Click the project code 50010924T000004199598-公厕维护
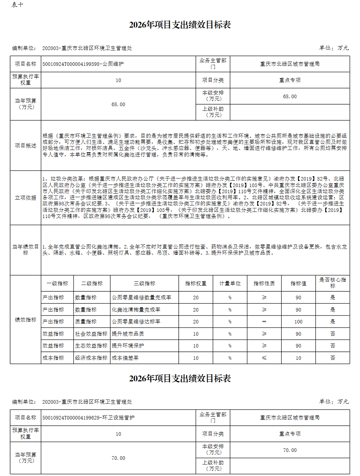tap(83, 64)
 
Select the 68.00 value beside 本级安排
tap(290, 96)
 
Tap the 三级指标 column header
tap(144, 284)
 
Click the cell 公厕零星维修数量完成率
tap(141, 298)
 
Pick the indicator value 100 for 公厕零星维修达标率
tap(298, 322)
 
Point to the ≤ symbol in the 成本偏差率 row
tap(264, 358)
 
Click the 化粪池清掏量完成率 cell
tap(136, 310)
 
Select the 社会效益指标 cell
tap(91, 334)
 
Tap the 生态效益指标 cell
tap(91, 346)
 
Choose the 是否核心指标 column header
tap(332, 283)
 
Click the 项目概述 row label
tap(26, 145)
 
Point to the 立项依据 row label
tap(26, 198)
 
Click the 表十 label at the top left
tap(17, 5)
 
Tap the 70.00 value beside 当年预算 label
tap(118, 458)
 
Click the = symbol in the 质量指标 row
tap(264, 322)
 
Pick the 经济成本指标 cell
tap(91, 358)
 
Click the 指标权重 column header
tap(195, 284)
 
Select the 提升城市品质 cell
tap(128, 334)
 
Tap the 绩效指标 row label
tap(26, 319)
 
